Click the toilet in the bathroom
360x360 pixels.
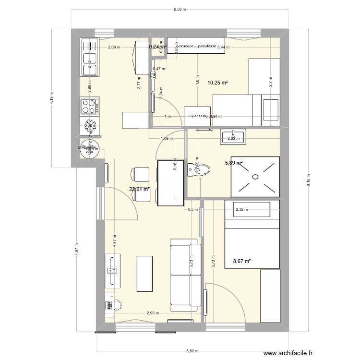click(x=202, y=169)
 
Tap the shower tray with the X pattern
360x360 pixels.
click(x=255, y=177)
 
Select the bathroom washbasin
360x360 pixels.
click(x=233, y=137)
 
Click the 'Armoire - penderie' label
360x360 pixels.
click(x=196, y=46)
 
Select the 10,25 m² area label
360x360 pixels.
click(x=217, y=83)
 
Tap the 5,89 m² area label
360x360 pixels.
click(x=234, y=163)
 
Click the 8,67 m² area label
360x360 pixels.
click(x=241, y=262)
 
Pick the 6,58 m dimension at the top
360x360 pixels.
click(x=180, y=9)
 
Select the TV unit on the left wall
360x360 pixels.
click(x=113, y=271)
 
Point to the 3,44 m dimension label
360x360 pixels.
click(x=223, y=47)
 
